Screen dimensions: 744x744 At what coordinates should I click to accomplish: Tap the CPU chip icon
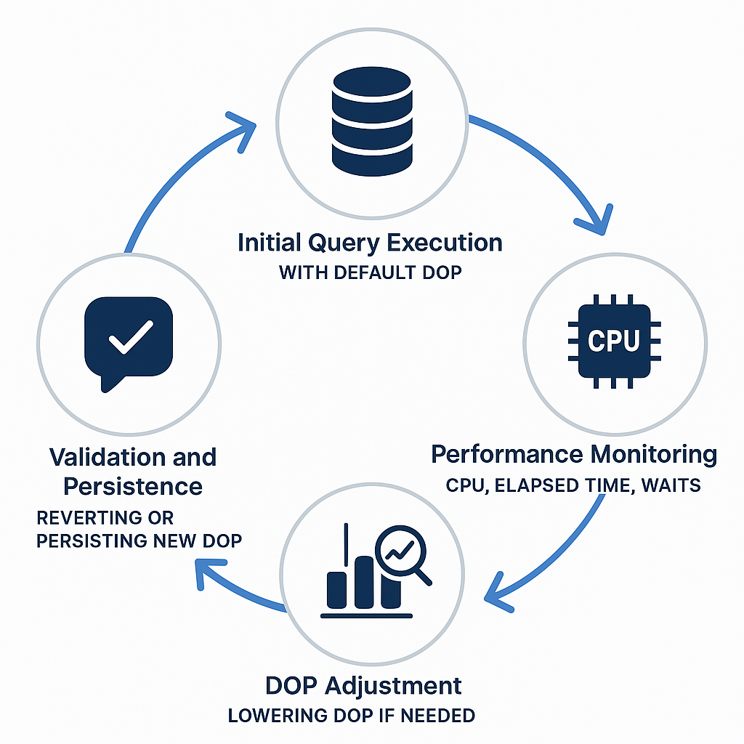pyautogui.click(x=614, y=340)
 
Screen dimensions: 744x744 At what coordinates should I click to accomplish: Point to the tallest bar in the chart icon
pyautogui.click(x=365, y=581)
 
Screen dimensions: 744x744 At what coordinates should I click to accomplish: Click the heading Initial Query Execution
pyautogui.click(x=370, y=242)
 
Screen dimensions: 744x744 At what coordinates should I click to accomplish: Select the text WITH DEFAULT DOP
pyautogui.click(x=370, y=274)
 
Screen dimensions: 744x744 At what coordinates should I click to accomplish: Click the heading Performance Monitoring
pyautogui.click(x=574, y=454)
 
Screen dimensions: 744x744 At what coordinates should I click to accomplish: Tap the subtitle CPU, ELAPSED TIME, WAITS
pyautogui.click(x=574, y=485)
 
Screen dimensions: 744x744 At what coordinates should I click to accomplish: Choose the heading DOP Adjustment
pyautogui.click(x=363, y=685)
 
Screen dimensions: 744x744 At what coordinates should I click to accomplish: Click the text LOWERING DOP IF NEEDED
pyautogui.click(x=352, y=716)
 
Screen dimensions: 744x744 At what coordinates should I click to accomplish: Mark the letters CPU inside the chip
pyautogui.click(x=614, y=341)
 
